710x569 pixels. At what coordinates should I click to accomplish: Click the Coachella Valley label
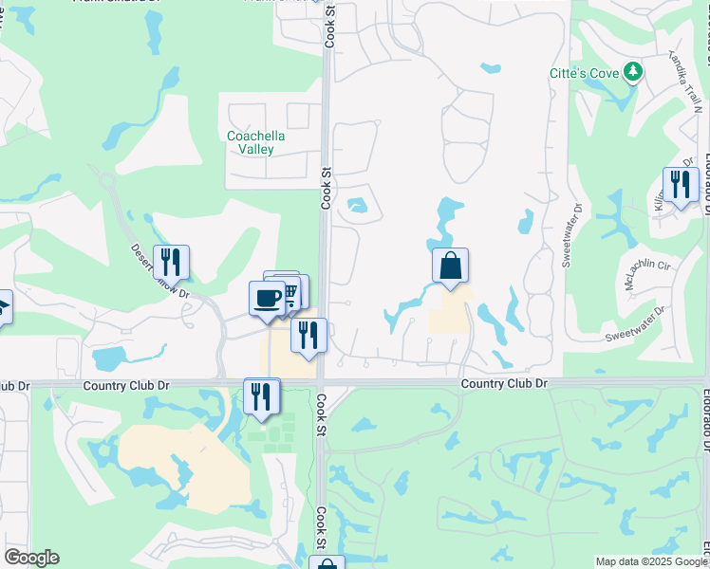256,142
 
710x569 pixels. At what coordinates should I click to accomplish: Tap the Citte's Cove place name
583,73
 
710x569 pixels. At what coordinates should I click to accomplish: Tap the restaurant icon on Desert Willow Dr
171,261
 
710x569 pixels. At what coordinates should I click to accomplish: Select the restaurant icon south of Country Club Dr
261,395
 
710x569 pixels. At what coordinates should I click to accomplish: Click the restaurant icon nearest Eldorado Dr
681,184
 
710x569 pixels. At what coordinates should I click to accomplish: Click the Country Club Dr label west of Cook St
126,386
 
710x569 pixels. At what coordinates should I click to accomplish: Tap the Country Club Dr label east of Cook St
505,383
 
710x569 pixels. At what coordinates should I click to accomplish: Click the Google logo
31,558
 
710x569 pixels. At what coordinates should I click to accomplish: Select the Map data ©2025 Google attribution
648,561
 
